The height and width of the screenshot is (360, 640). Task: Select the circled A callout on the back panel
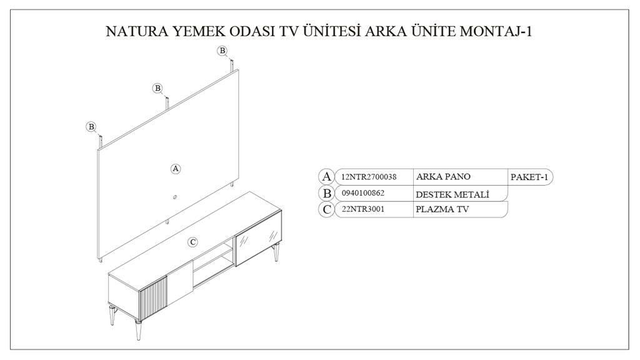coord(176,169)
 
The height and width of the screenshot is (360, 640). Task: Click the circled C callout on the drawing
coord(193,242)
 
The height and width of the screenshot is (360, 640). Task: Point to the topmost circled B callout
coord(222,50)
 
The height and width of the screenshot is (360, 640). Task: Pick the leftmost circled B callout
coord(91,127)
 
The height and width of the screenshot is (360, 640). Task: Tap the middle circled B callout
coord(157,88)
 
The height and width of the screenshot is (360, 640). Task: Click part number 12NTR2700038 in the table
coord(369,177)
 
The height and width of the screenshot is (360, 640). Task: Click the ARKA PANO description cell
coord(443,177)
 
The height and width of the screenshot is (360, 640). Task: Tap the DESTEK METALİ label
coord(452,194)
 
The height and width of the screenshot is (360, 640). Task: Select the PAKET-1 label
coord(529,177)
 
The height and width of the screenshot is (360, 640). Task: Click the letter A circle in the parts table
coord(326,177)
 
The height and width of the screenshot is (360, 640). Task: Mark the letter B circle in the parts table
coord(326,193)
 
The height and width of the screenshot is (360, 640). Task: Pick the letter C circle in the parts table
coord(326,209)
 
